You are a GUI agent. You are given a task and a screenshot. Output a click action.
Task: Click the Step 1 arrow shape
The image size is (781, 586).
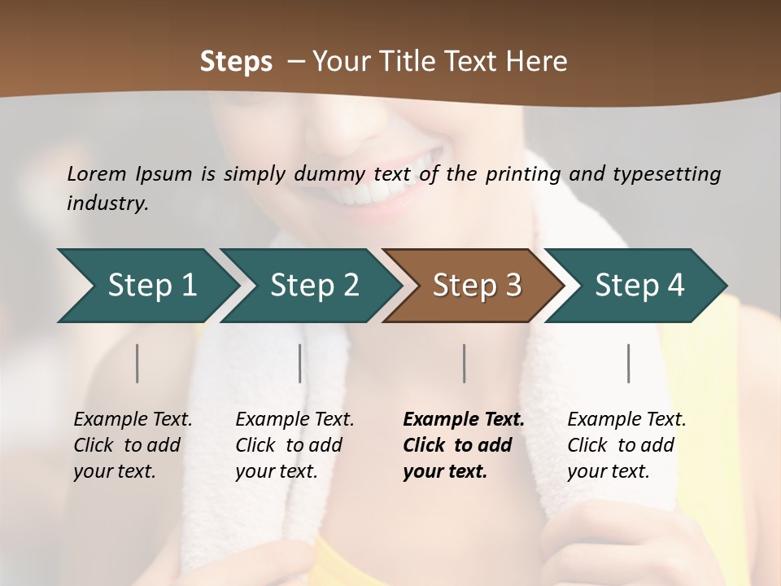pyautogui.click(x=151, y=286)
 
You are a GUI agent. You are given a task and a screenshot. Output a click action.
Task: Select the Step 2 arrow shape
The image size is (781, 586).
pyautogui.click(x=313, y=286)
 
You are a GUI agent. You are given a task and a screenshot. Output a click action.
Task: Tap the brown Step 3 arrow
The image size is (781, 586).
pyautogui.click(x=476, y=286)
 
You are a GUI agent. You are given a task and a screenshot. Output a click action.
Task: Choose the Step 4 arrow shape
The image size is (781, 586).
pyautogui.click(x=639, y=286)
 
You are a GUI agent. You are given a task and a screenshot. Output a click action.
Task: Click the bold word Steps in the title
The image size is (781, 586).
pyautogui.click(x=236, y=61)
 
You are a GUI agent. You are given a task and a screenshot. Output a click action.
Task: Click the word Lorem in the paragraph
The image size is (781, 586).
pyautogui.click(x=97, y=173)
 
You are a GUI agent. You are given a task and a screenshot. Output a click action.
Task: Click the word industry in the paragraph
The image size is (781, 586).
pyautogui.click(x=107, y=203)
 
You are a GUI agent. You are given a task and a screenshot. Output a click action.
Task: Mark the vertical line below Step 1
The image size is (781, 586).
pyautogui.click(x=137, y=363)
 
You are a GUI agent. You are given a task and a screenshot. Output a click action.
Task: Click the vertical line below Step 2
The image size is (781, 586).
pyautogui.click(x=300, y=363)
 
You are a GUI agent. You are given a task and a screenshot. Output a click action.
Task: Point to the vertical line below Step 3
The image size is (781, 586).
pyautogui.click(x=465, y=363)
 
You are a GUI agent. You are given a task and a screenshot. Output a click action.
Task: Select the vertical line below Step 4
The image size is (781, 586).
pyautogui.click(x=629, y=363)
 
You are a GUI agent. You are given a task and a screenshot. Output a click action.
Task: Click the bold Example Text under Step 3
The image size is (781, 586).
pyautogui.click(x=464, y=419)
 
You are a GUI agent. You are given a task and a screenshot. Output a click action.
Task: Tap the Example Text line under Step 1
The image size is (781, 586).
pyautogui.click(x=133, y=419)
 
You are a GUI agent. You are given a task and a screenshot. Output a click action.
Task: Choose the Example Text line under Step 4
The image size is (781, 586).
pyautogui.click(x=626, y=419)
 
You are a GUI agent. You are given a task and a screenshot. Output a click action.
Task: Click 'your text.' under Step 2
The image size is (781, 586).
pyautogui.click(x=276, y=471)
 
